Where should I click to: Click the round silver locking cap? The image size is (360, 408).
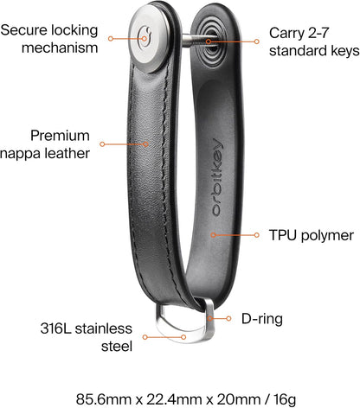tap(150, 39)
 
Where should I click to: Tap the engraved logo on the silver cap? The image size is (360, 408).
tap(145, 37)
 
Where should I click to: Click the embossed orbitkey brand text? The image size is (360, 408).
tap(217, 177)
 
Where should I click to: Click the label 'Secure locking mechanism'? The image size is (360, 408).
tap(49, 39)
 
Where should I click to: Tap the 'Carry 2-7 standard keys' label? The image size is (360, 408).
tap(314, 41)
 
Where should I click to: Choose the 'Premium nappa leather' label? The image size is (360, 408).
tap(45, 144)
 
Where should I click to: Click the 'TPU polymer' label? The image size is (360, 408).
tap(311, 235)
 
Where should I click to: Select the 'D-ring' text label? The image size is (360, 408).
tap(262, 319)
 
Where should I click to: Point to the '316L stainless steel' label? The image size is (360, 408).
tap(87, 337)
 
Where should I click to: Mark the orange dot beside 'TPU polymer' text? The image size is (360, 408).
tap(256, 235)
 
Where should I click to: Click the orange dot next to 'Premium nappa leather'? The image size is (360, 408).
tap(102, 143)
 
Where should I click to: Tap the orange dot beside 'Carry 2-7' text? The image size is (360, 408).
tap(256, 41)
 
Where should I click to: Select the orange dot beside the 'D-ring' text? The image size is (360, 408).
tap(228, 318)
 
